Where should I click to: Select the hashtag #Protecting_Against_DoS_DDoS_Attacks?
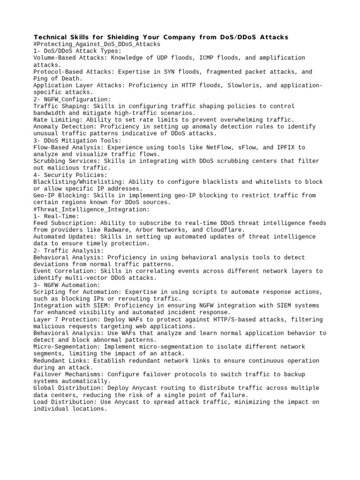97,44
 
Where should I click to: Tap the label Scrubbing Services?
65,161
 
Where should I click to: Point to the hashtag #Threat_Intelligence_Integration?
92,209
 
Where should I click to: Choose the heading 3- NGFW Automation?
67,285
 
